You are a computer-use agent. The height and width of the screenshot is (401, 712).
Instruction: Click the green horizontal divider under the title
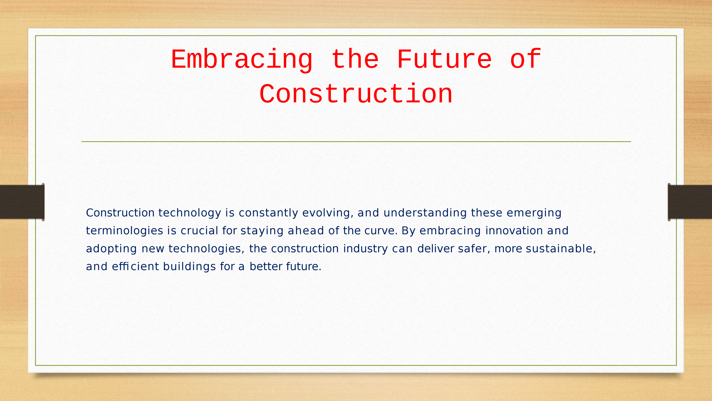click(356, 141)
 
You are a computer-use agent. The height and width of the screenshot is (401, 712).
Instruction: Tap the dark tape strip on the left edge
click(22, 202)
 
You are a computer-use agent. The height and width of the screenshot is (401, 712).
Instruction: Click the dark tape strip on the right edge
click(690, 202)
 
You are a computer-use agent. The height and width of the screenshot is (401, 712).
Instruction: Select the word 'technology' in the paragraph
click(190, 213)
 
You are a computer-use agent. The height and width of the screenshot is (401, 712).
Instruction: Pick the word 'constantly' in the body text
click(268, 213)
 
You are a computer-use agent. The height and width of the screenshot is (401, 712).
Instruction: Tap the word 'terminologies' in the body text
click(124, 231)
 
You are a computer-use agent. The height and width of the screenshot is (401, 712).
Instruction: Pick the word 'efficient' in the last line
click(135, 266)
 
